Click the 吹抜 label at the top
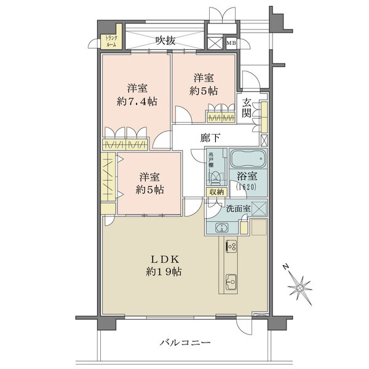point(165,41)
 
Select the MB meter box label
point(231,43)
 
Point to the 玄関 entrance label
point(246,109)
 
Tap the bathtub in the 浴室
point(248,161)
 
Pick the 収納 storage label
point(216,192)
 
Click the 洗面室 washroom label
point(238,208)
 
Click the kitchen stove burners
point(231,245)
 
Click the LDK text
point(163,258)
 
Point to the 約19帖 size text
point(163,271)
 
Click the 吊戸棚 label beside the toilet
point(210,160)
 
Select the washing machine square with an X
point(258,208)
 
